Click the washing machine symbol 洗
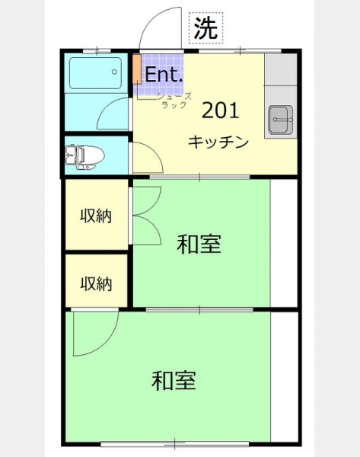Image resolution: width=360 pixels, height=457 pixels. (206, 28)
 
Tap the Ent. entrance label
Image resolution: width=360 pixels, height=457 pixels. (164, 75)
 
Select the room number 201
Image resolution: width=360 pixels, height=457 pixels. (221, 110)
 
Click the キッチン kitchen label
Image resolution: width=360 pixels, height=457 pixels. (218, 142)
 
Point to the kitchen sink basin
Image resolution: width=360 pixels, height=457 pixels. (281, 120)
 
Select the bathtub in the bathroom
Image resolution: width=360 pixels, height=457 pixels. (95, 73)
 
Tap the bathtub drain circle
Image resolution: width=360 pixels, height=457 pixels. (114, 72)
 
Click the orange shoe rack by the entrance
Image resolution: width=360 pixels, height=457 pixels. (136, 69)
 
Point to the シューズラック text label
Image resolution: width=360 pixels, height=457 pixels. (174, 101)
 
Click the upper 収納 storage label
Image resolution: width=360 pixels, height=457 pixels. (96, 216)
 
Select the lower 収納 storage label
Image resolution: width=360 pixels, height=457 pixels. (96, 283)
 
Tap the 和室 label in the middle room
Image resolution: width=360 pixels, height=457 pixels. (199, 244)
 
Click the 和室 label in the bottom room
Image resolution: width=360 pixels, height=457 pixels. (174, 380)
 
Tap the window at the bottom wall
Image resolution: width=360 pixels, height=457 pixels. (175, 444)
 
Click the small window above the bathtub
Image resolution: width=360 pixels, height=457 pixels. (97, 52)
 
